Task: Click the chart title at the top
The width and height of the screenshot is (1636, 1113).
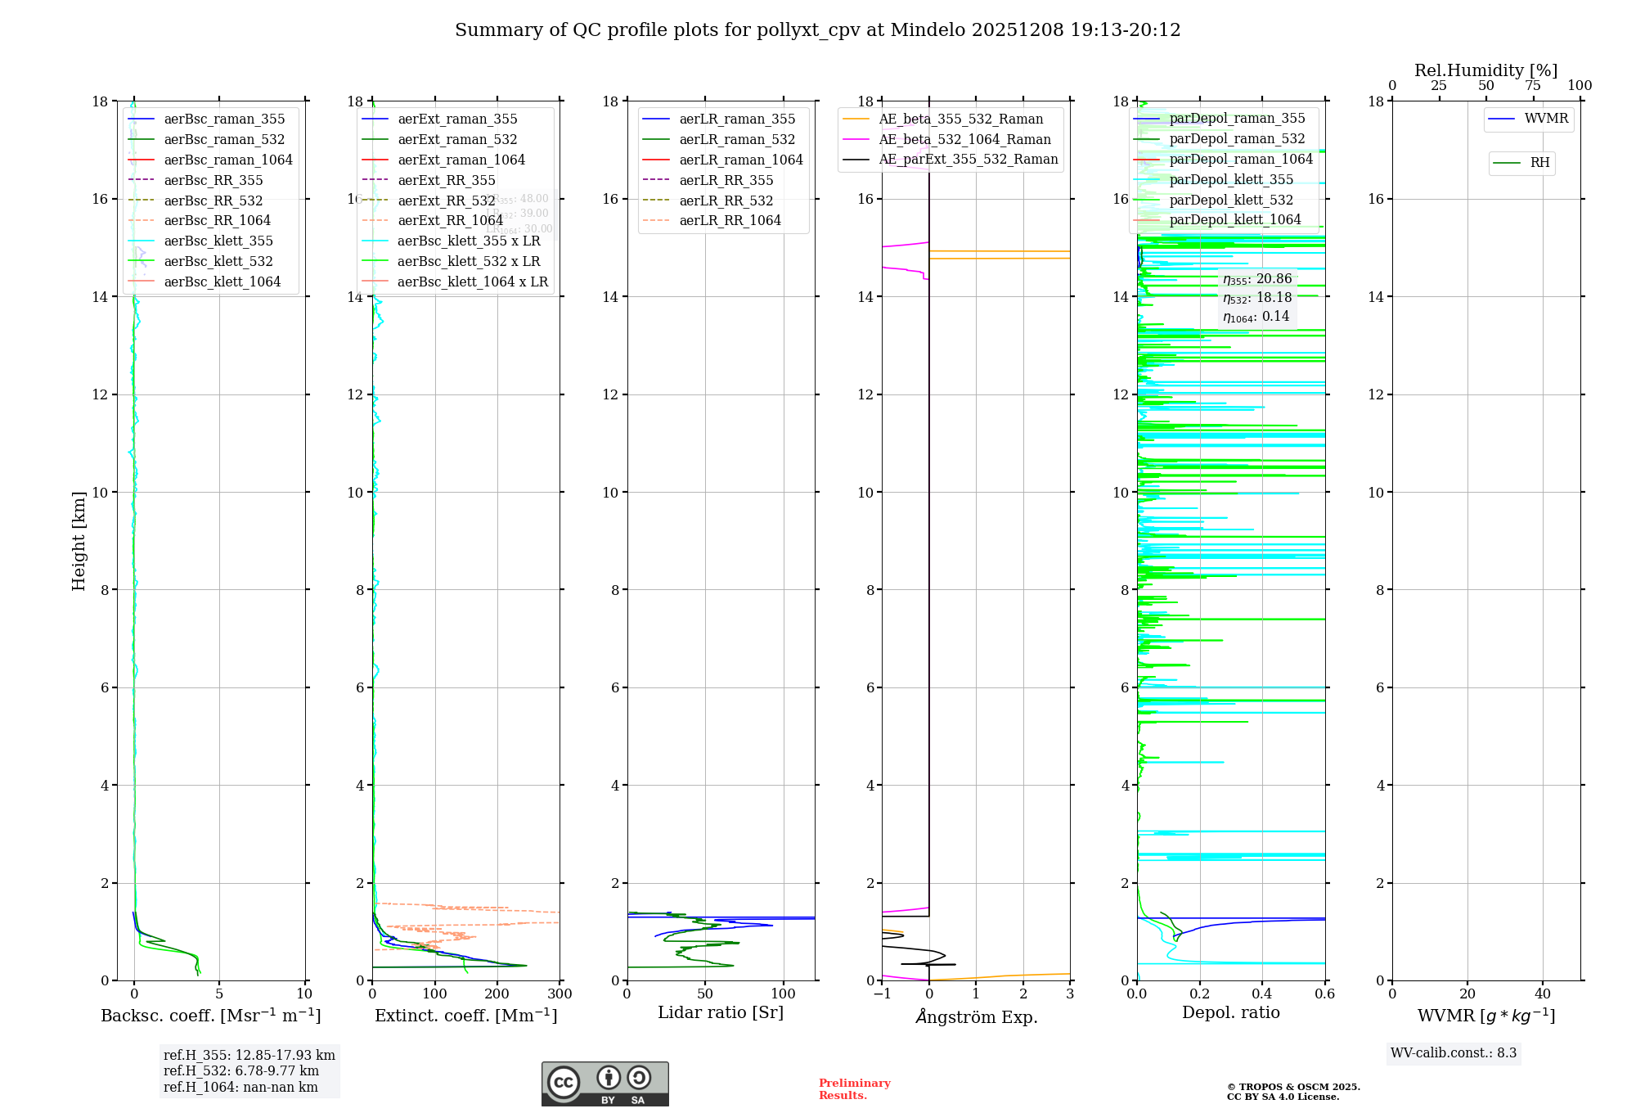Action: click(x=817, y=30)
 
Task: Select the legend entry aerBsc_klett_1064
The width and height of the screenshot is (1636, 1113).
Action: click(x=222, y=282)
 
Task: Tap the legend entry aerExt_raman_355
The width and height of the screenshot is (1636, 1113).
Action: click(x=457, y=119)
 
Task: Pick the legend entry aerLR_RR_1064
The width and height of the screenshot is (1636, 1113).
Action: click(x=730, y=220)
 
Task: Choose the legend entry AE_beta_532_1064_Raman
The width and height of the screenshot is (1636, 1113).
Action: click(x=964, y=139)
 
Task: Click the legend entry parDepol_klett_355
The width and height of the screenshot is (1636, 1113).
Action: click(x=1231, y=179)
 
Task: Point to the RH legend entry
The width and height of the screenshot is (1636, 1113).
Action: click(x=1539, y=163)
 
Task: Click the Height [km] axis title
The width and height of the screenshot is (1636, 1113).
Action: click(x=79, y=541)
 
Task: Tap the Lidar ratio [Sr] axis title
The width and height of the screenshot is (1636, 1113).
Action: click(x=721, y=1012)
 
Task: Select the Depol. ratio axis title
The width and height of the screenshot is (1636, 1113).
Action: click(x=1230, y=1012)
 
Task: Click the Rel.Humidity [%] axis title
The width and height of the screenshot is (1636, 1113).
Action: click(x=1485, y=70)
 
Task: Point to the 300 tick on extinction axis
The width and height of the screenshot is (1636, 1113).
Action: click(x=560, y=994)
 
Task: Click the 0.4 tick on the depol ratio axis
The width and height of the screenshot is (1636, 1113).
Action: click(x=1262, y=994)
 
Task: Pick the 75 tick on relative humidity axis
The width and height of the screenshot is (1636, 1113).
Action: click(x=1532, y=86)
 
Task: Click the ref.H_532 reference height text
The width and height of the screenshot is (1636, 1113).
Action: click(x=241, y=1071)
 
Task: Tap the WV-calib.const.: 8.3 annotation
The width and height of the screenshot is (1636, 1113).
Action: click(x=1453, y=1053)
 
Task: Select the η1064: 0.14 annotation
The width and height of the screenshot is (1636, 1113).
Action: click(x=1256, y=317)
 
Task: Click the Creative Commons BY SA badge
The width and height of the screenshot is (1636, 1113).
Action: click(x=605, y=1084)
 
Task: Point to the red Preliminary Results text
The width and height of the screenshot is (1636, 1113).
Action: click(x=854, y=1089)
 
